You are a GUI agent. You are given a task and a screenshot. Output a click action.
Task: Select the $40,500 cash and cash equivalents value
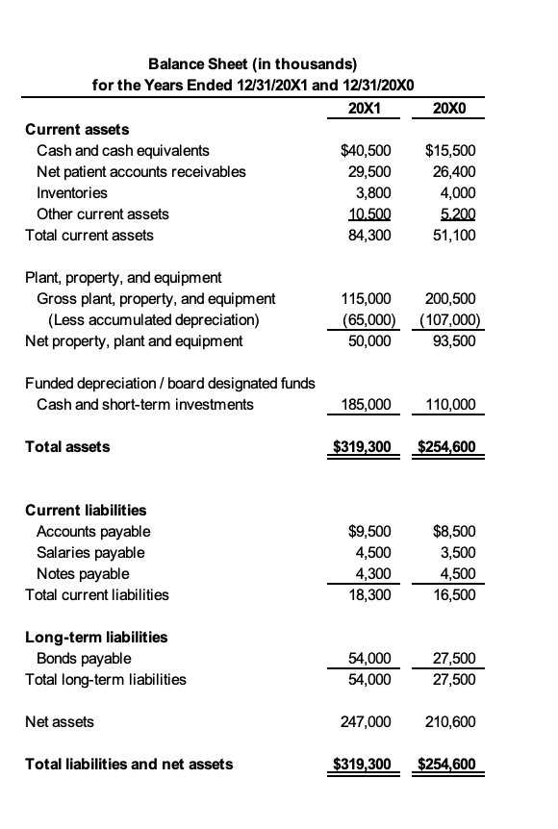pos(367,150)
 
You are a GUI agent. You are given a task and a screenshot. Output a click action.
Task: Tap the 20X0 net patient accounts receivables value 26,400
pos(450,171)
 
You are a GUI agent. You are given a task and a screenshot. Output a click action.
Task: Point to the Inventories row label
pos(71,192)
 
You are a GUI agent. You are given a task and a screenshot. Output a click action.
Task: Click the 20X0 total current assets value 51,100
pos(450,235)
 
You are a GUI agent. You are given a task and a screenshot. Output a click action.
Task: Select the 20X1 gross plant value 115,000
pos(367,298)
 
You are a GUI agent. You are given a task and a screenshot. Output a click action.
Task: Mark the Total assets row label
pos(66,446)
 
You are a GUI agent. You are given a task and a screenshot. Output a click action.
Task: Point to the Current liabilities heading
pos(86,510)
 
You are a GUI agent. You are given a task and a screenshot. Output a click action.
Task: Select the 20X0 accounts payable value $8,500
pos(450,531)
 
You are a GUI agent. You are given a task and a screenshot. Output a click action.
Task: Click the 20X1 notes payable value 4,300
pos(372,573)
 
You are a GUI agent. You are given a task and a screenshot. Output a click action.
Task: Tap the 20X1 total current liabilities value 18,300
pos(370,594)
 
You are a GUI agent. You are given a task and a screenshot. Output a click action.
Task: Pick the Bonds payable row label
pos(84,658)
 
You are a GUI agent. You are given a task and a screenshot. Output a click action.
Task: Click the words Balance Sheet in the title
pos(193,63)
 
